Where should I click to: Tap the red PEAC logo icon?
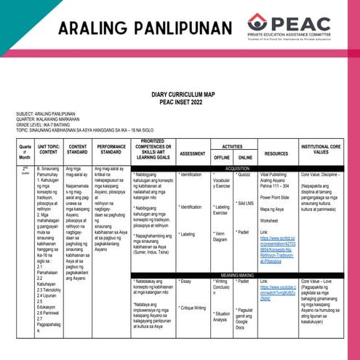pos(257,23)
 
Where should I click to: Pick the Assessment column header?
pos(192,153)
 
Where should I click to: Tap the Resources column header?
pos(276,153)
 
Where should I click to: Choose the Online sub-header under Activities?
pos(244,157)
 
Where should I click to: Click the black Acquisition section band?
pos(233,168)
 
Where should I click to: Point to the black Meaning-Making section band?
pos(233,275)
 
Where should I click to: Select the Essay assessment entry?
pos(186,281)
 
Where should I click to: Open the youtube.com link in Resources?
pos(279,292)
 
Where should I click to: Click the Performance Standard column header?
pos(111,150)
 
